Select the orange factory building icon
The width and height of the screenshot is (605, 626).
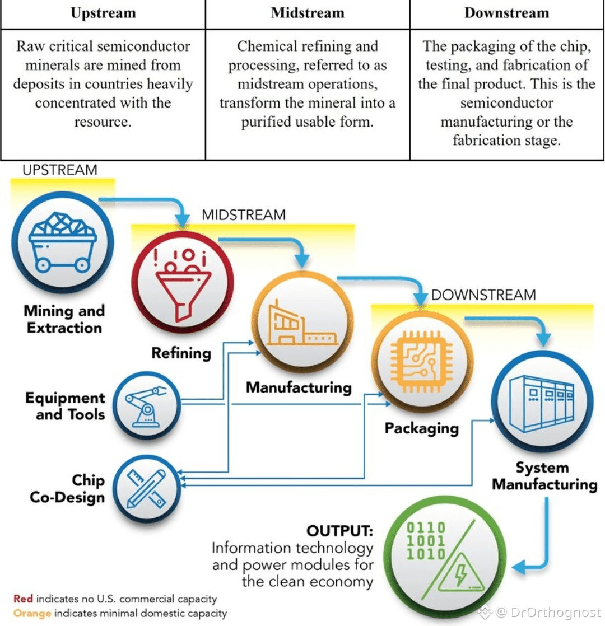point(302,325)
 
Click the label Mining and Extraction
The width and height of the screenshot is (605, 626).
point(64,319)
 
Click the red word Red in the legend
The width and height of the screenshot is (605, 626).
point(23,599)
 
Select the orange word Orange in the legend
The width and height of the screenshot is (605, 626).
point(32,613)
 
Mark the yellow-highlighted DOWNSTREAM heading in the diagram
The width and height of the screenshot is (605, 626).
point(483,295)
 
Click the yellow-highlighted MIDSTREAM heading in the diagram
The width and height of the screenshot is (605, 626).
point(243,215)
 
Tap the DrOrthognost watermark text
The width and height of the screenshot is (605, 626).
point(555,612)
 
